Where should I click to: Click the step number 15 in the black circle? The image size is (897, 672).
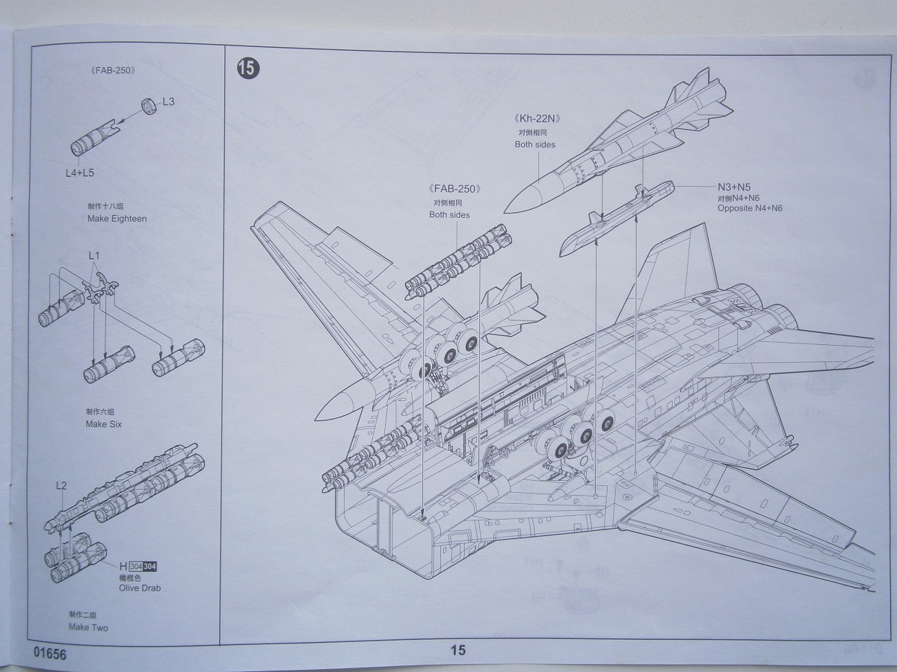(248, 68)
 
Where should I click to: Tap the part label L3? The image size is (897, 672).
(167, 101)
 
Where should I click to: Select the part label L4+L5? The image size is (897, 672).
(79, 172)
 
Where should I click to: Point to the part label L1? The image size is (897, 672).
(93, 255)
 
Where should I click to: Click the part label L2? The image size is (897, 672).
(61, 486)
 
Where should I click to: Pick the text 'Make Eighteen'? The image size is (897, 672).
(117, 219)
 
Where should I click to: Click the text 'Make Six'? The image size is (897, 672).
(104, 424)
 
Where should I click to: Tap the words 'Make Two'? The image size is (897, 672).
(88, 627)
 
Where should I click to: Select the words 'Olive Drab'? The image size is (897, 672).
(139, 588)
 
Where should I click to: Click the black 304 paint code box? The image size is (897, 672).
(149, 566)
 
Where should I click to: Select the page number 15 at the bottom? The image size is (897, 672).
(457, 650)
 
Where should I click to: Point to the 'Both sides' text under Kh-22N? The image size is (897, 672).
(534, 144)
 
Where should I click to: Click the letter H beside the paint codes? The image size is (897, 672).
(123, 566)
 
